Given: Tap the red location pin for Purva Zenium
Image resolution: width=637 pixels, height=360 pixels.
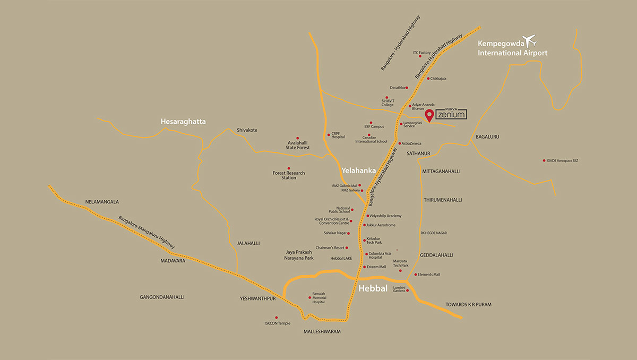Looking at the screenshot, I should [428, 116].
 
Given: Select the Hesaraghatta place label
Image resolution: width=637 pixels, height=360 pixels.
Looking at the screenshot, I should [183, 122].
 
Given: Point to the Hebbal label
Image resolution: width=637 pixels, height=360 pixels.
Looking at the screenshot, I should [373, 288].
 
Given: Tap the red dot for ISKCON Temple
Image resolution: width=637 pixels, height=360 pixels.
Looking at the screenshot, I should [276, 318].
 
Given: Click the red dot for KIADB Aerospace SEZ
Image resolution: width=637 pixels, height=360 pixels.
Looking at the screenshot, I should [544, 160].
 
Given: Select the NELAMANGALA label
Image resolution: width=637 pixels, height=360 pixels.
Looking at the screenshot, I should [102, 202].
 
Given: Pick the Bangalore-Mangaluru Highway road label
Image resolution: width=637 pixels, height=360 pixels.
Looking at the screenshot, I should [147, 233].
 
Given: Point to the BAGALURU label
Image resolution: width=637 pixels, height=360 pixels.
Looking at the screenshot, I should [487, 136].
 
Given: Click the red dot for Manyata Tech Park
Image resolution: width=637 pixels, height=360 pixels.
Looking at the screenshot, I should [400, 271].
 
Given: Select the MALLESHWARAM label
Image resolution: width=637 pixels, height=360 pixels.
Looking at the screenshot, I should [321, 331].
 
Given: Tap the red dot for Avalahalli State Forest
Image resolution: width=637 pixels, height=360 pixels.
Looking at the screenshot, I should [297, 138].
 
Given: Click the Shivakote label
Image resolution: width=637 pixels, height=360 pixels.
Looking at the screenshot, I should [247, 130].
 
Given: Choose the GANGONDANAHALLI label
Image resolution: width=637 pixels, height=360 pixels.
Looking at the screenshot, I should [162, 297].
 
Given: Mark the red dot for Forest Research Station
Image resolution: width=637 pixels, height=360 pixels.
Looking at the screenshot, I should [288, 168].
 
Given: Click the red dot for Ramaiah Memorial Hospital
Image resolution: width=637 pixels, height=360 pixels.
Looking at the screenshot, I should [309, 297].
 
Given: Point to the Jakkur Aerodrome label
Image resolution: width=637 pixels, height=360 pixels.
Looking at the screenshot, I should [381, 225].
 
